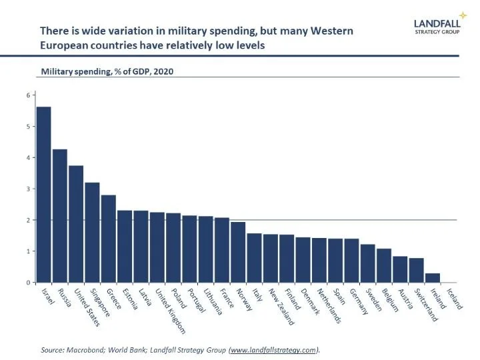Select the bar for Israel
[44, 195]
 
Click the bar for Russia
[60, 216]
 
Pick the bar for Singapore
[93, 233]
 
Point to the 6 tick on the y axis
[29, 95]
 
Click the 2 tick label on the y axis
[29, 220]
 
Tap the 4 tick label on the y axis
[29, 158]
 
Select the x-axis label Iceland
[455, 297]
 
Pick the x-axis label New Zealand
[279, 306]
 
